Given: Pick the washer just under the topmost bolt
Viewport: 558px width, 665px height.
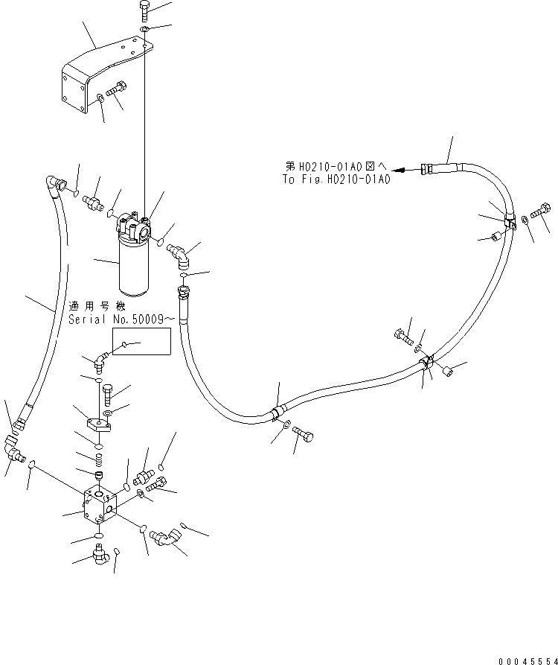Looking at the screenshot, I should tap(144, 29).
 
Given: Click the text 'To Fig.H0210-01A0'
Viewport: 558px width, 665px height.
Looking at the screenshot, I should tap(336, 179).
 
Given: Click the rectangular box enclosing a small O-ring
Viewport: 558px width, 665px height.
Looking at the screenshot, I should tap(141, 343).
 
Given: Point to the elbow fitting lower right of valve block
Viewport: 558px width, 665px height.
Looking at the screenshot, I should tap(165, 537).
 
